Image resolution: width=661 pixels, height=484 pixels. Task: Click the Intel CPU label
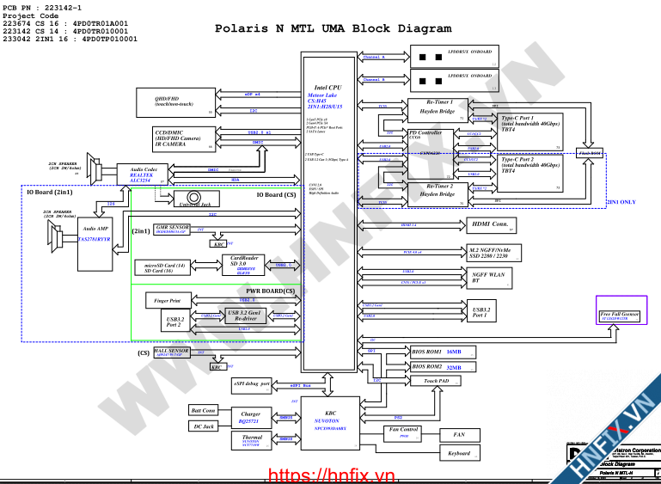click(x=327, y=88)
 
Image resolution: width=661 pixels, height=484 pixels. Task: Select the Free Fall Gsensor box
click(x=620, y=316)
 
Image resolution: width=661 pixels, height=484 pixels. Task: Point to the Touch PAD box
click(x=436, y=381)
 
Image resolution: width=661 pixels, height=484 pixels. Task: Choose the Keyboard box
click(x=459, y=452)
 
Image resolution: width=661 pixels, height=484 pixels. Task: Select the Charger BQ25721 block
click(x=250, y=417)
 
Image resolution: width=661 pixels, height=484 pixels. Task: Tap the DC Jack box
click(x=203, y=426)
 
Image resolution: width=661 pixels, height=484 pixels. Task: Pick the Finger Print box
click(x=168, y=302)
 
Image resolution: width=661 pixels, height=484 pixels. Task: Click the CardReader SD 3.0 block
click(x=243, y=263)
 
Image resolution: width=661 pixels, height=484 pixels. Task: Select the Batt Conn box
click(x=203, y=410)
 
